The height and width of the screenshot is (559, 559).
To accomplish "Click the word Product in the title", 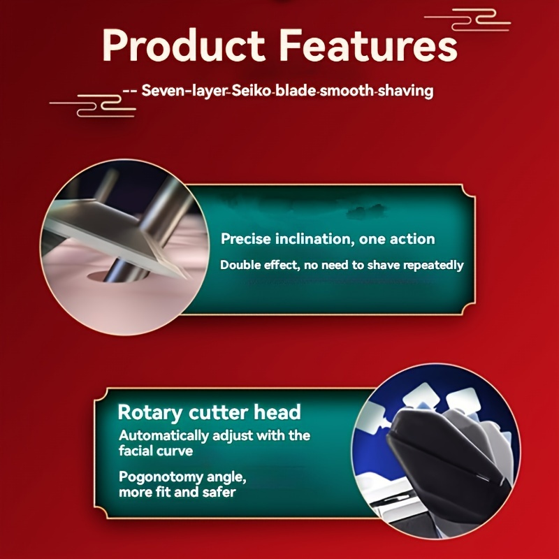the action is pyautogui.click(x=184, y=45).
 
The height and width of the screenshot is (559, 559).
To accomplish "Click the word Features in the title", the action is pyautogui.click(x=368, y=45).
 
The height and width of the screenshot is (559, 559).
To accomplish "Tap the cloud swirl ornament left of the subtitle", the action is pyautogui.click(x=93, y=106).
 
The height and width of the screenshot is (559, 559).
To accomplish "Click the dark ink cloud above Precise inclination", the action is pyautogui.click(x=366, y=211).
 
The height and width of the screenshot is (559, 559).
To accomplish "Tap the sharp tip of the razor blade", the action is pyautogui.click(x=187, y=278).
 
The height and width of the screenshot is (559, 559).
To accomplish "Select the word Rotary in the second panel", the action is pyautogui.click(x=150, y=413).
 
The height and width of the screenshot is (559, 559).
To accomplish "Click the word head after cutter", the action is pyautogui.click(x=277, y=412).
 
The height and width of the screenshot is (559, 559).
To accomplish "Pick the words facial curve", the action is pyautogui.click(x=156, y=451).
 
